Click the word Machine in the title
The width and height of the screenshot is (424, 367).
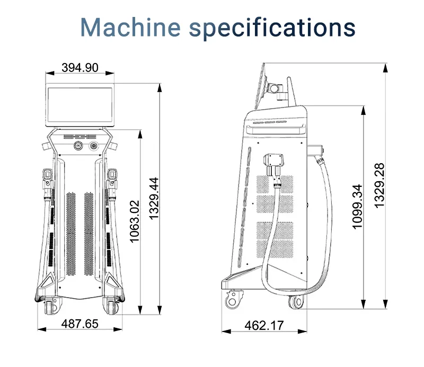pyautogui.click(x=130, y=27)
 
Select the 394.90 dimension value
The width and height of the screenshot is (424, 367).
pyautogui.click(x=80, y=68)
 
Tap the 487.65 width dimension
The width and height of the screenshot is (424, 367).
pyautogui.click(x=80, y=324)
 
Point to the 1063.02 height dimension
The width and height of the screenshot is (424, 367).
pyautogui.click(x=135, y=221)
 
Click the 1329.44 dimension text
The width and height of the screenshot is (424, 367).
pyautogui.click(x=154, y=199)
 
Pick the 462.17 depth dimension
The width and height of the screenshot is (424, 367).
pyautogui.click(x=264, y=325)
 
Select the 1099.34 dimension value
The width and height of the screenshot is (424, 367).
pyautogui.click(x=357, y=207)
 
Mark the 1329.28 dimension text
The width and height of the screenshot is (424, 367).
pyautogui.click(x=379, y=185)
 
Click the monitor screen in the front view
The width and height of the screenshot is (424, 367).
pyautogui.click(x=80, y=105)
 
